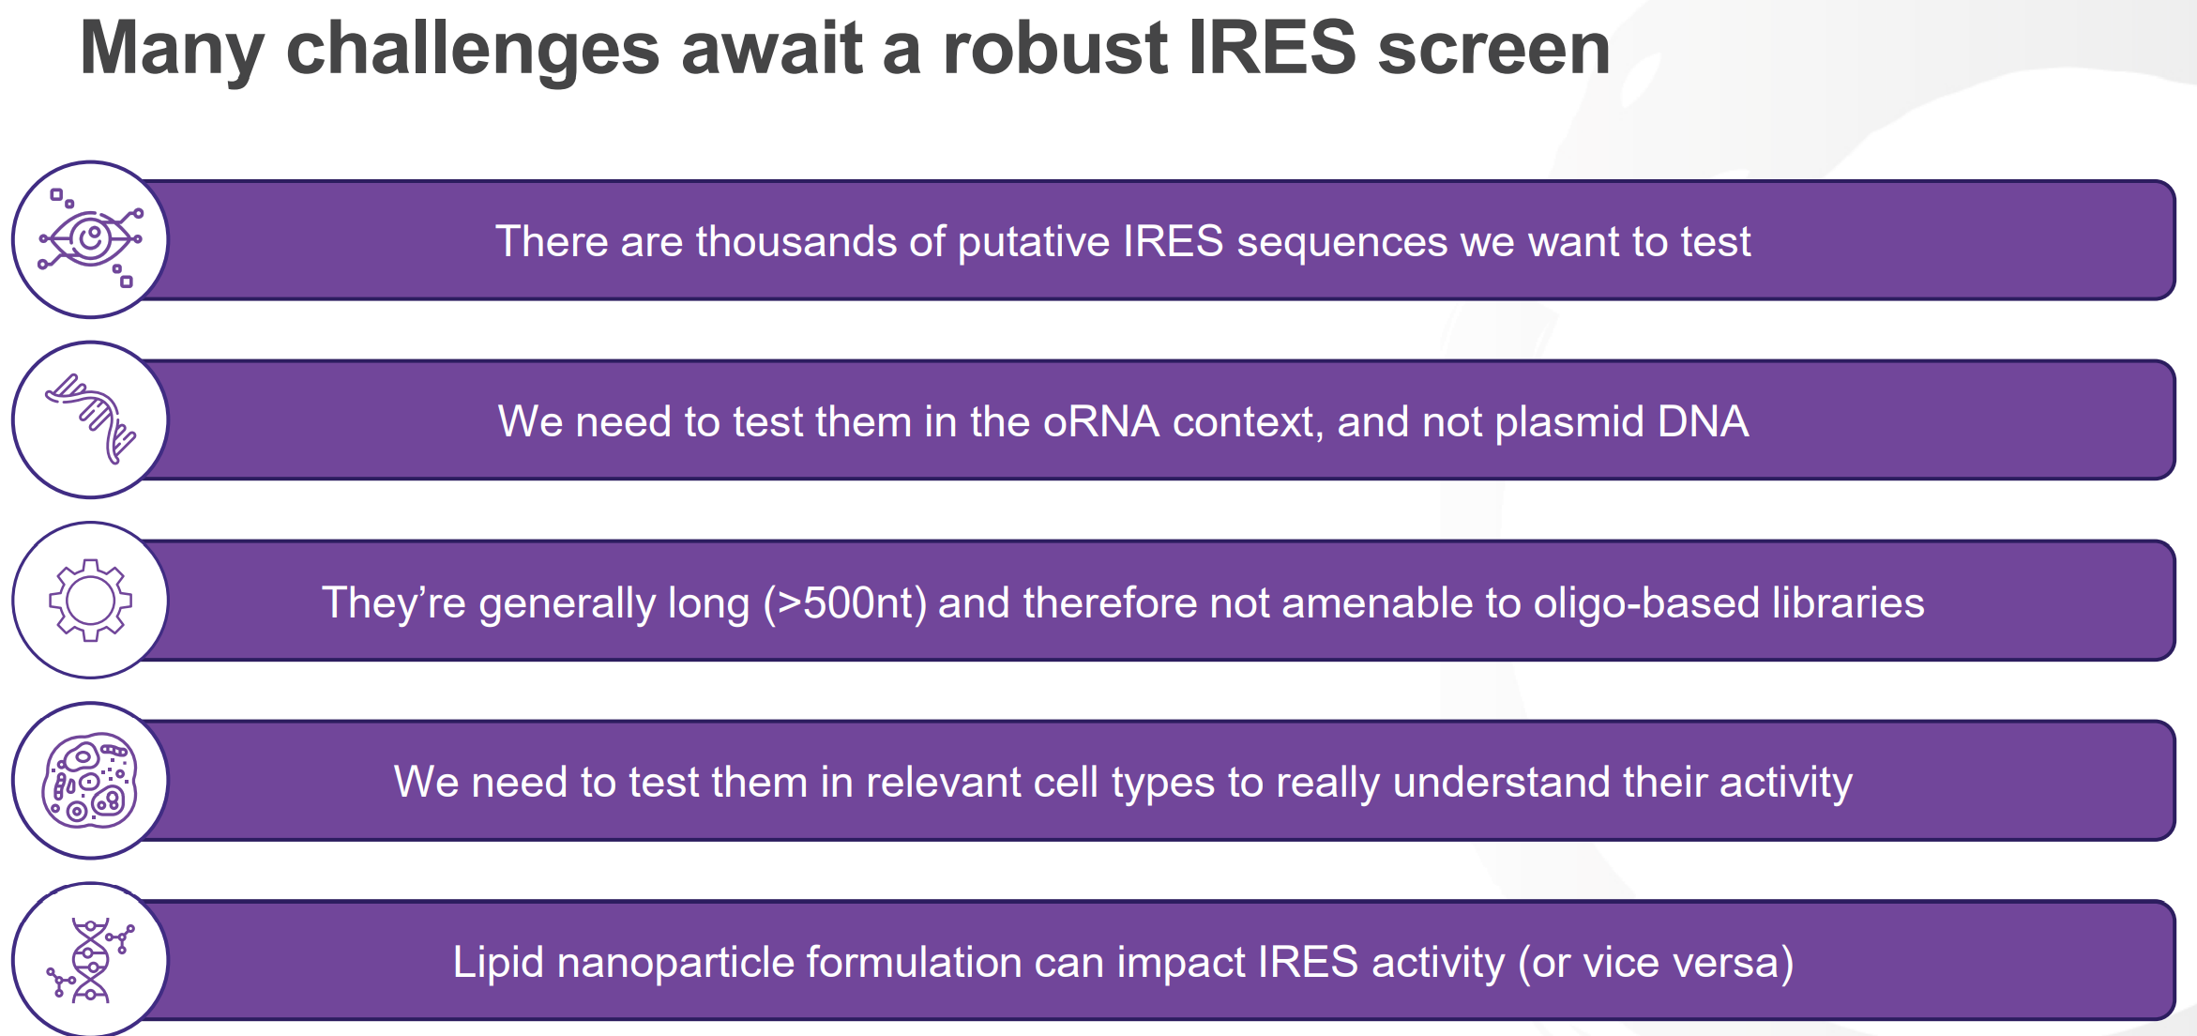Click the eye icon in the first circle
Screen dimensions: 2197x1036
(x=90, y=238)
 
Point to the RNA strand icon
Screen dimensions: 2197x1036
(x=91, y=419)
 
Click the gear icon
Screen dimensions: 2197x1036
(x=90, y=600)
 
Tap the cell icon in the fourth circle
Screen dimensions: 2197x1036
(x=90, y=780)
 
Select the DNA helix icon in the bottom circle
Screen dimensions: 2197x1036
(x=90, y=960)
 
